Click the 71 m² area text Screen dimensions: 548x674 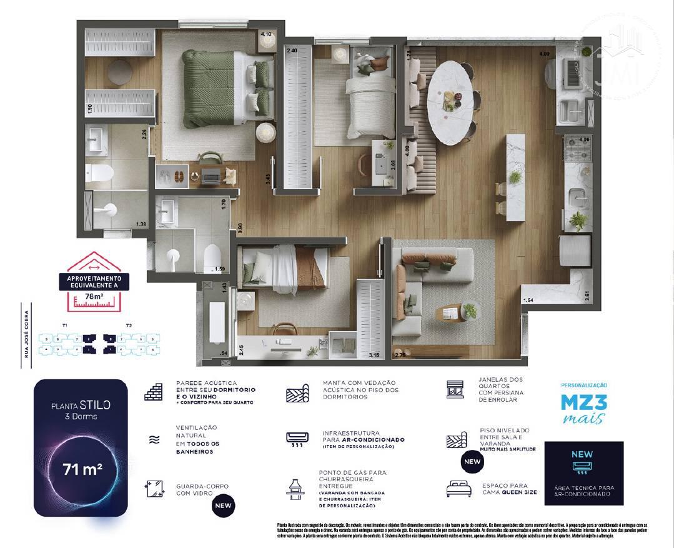pos(82,469)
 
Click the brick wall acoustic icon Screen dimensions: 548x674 pos(153,392)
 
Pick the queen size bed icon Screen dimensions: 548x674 pos(458,488)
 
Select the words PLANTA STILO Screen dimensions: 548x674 pos(81,405)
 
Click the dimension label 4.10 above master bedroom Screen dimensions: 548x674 pos(265,34)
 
